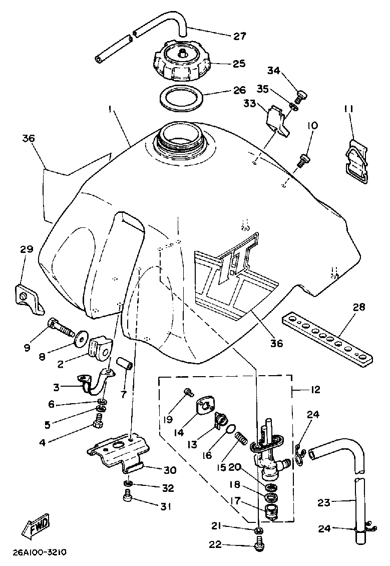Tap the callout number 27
tap(239, 36)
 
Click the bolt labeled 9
tap(60, 326)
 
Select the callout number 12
tap(315, 390)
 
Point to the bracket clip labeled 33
tap(278, 121)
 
